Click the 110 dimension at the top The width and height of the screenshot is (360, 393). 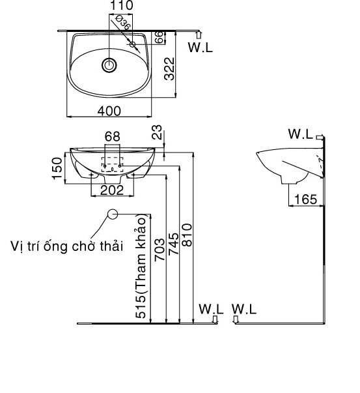[x=121, y=6]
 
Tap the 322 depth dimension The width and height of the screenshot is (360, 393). [x=168, y=68]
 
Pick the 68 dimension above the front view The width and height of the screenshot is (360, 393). [x=112, y=136]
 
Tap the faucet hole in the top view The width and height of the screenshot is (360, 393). [x=133, y=45]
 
